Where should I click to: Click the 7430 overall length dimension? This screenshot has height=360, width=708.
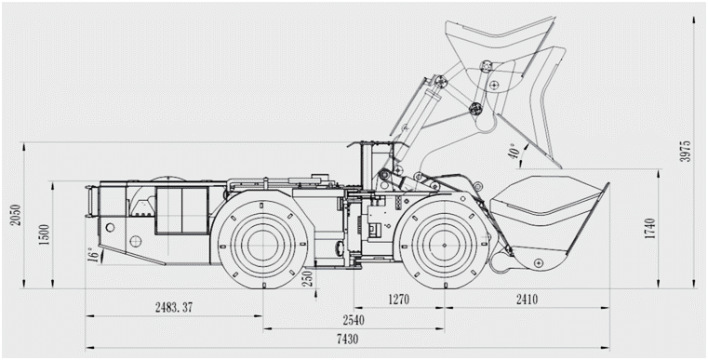coord(347,340)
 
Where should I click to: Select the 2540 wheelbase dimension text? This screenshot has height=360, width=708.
coord(354,320)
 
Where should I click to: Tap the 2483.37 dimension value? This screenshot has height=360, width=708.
coord(174,308)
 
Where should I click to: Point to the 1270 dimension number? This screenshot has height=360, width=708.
coord(398,300)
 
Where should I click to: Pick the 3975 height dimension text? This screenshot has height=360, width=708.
coord(686,152)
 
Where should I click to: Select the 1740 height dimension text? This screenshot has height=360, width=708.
coord(649,229)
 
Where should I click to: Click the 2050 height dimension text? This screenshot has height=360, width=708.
coord(16,216)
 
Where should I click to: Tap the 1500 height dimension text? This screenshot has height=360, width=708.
coord(45,234)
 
